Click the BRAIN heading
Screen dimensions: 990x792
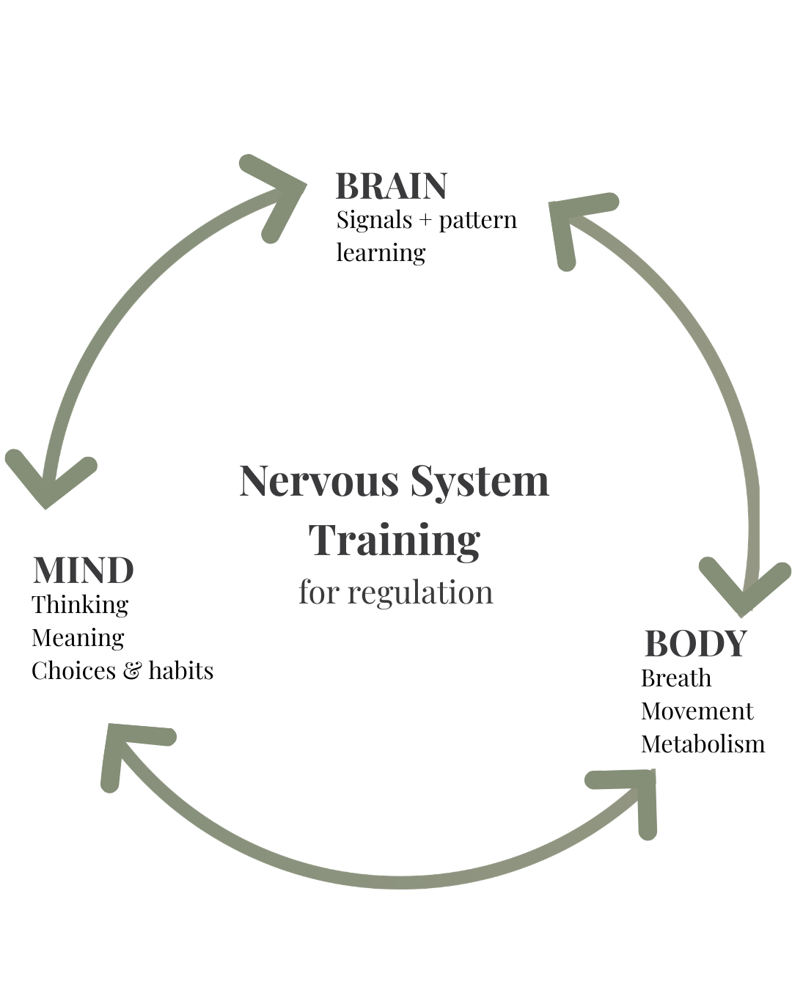[391, 186]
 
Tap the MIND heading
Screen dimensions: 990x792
[84, 571]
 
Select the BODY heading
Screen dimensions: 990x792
[695, 644]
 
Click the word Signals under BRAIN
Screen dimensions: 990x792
[374, 220]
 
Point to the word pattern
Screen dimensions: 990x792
[477, 221]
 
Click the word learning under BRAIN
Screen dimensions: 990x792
[381, 253]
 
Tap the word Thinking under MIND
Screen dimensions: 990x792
[80, 605]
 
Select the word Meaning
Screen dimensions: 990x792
[78, 638]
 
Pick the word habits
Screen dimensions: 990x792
[180, 670]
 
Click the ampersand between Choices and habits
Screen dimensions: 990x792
[132, 671]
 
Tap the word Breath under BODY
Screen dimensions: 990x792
[675, 678]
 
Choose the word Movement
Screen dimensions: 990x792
[697, 711]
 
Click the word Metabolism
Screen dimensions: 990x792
[703, 744]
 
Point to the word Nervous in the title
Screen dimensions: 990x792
[318, 482]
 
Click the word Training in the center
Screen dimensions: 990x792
[395, 540]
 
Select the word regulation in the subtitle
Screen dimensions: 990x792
[420, 593]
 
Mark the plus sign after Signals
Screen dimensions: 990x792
[425, 221]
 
